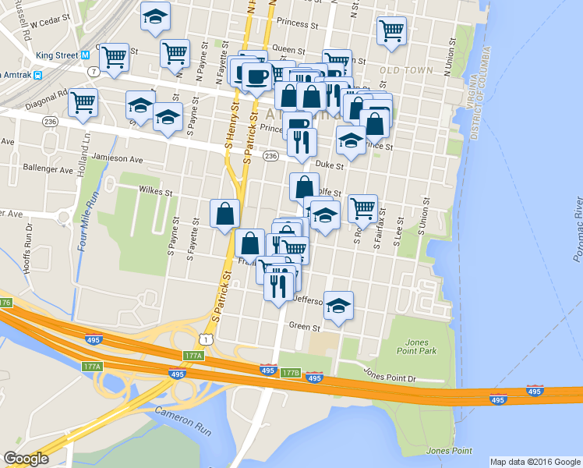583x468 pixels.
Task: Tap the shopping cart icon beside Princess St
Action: pyautogui.click(x=391, y=31)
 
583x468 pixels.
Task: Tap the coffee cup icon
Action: pyautogui.click(x=256, y=76)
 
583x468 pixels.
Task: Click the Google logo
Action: pyautogui.click(x=26, y=459)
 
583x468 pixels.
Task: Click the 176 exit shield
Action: pyautogui.click(x=5, y=302)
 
